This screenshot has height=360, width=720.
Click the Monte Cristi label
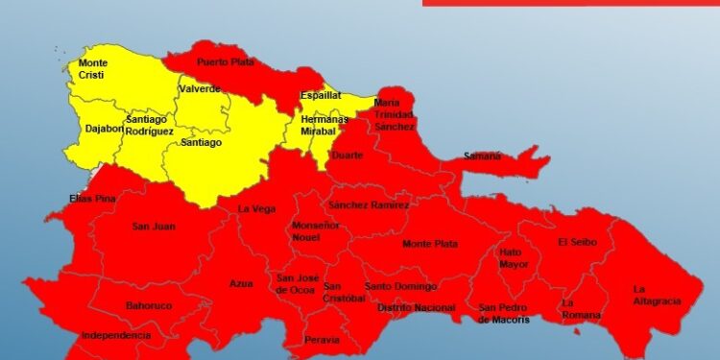(x=93, y=69)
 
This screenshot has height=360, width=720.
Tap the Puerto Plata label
(x=223, y=62)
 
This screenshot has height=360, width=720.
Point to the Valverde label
(x=199, y=89)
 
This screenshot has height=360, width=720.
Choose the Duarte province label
(x=346, y=155)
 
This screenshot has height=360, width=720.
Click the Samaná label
(x=482, y=156)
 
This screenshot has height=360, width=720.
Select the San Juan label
(x=153, y=227)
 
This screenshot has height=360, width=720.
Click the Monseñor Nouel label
(x=316, y=230)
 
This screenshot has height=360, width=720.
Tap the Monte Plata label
(x=429, y=244)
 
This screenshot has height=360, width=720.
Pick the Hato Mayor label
(x=514, y=258)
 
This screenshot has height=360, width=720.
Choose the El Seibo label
(x=576, y=242)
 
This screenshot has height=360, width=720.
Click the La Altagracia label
(x=657, y=295)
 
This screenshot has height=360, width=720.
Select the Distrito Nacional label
(x=416, y=307)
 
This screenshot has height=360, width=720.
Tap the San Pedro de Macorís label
(x=503, y=313)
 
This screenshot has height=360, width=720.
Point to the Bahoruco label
(x=148, y=306)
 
